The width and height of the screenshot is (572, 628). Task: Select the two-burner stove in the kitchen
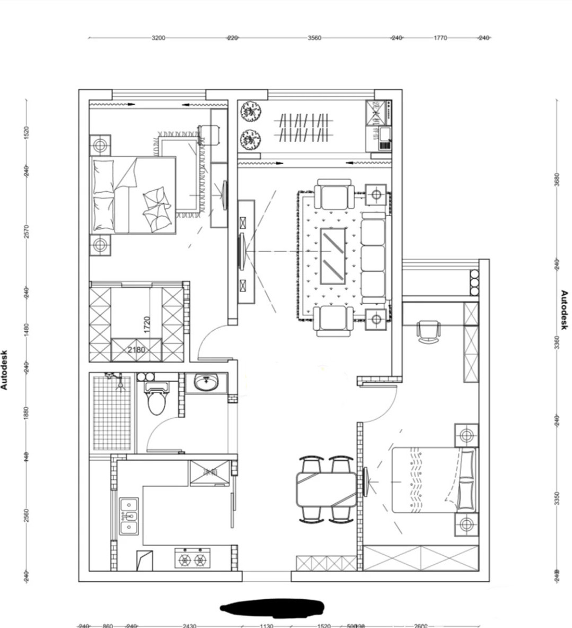pyautogui.click(x=192, y=559)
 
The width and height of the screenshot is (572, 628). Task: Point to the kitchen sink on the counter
pyautogui.click(x=128, y=515)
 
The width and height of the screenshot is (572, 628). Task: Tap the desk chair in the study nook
pyautogui.click(x=429, y=331)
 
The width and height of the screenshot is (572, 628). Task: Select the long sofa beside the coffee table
pyautogui.click(x=373, y=257)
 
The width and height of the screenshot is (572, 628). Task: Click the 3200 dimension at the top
pyautogui.click(x=158, y=38)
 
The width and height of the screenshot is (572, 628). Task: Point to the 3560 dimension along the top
pyautogui.click(x=314, y=38)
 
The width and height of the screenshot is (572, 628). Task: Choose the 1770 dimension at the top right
pyautogui.click(x=440, y=38)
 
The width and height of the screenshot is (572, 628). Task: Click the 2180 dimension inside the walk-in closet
pyautogui.click(x=136, y=350)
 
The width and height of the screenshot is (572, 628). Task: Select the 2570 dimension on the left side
pyautogui.click(x=26, y=231)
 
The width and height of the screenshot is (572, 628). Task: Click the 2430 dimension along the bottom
pyautogui.click(x=189, y=626)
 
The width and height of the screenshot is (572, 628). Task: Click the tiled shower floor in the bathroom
pyautogui.click(x=112, y=413)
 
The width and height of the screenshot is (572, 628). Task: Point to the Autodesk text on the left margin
pyautogui.click(x=5, y=369)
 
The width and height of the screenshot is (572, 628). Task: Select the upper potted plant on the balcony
pyautogui.click(x=250, y=112)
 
